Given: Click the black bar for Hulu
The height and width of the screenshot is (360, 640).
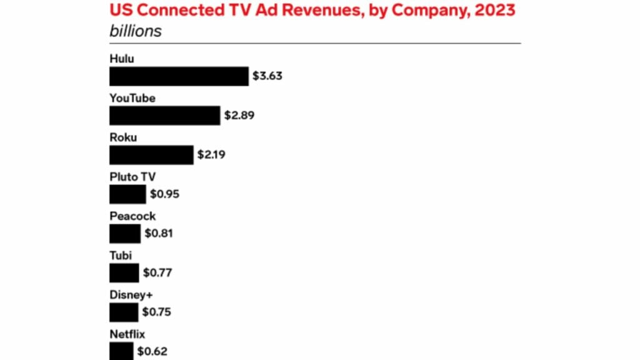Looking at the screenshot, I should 179,76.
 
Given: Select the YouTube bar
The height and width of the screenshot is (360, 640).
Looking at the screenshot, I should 164,116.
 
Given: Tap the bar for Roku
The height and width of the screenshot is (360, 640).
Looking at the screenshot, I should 151,155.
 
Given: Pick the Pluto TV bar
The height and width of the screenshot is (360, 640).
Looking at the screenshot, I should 127,194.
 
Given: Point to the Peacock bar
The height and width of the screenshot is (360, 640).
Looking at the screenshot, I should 125,234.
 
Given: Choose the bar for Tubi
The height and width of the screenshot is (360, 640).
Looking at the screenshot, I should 124,273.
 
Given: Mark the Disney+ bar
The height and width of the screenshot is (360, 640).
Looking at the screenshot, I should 124,312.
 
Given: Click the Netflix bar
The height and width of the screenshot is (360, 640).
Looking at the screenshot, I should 121,351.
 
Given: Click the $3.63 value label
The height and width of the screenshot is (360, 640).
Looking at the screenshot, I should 267,76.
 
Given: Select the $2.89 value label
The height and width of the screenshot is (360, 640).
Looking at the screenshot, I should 239,116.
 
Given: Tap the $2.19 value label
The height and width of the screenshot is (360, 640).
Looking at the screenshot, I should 211,155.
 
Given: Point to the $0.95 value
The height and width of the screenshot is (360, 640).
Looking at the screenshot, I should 164,194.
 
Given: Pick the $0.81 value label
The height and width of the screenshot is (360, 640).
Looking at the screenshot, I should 159,234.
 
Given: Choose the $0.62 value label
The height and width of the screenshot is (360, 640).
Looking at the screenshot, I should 152,351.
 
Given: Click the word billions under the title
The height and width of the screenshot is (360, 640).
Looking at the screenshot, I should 136,31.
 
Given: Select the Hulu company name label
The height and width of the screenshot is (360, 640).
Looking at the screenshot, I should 122,59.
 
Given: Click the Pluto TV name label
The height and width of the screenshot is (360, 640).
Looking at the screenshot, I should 132,177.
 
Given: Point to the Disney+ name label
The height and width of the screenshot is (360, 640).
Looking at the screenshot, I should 131,294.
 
